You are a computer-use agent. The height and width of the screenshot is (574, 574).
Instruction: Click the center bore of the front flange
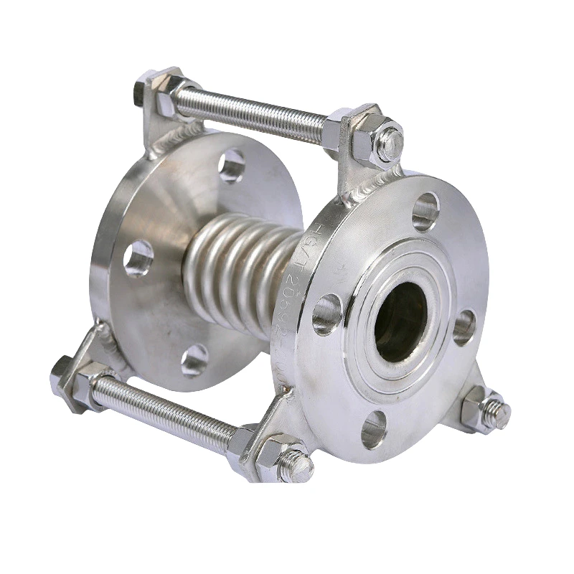click(402, 321)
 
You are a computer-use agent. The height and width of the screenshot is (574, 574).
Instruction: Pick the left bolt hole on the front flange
click(326, 314)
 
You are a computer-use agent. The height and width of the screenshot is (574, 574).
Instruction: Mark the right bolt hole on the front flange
click(464, 326)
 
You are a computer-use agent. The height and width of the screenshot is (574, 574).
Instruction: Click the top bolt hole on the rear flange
click(231, 166)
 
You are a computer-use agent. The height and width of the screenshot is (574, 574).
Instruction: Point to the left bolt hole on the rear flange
click(138, 258)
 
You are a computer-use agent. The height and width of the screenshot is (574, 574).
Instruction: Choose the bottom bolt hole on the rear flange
click(194, 359)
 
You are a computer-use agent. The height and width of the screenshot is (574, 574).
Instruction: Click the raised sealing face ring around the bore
click(373, 287)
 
